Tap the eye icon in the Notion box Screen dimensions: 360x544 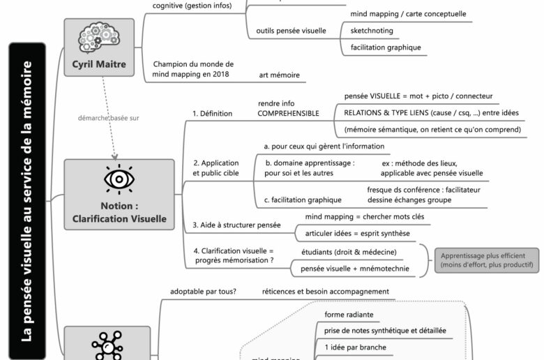(x=119, y=179)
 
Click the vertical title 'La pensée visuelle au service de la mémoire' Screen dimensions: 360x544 (x=27, y=201)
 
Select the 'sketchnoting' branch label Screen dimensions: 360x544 (x=372, y=31)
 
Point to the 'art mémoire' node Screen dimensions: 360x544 (x=282, y=75)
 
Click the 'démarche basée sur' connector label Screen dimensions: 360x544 (x=108, y=118)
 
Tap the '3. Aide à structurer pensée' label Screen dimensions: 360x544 (x=236, y=225)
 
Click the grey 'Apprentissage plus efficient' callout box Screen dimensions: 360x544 (x=486, y=259)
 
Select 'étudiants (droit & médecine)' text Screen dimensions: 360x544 (x=349, y=251)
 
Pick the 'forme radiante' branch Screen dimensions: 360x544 (x=349, y=315)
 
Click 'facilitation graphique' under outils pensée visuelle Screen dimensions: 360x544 (x=381, y=48)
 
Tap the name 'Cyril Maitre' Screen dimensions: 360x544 (x=98, y=66)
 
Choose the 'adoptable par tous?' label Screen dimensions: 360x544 (x=203, y=292)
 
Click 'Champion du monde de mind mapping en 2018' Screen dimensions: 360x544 (x=193, y=68)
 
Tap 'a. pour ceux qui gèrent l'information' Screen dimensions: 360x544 (x=324, y=147)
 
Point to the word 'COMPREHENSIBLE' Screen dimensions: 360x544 (x=288, y=113)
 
